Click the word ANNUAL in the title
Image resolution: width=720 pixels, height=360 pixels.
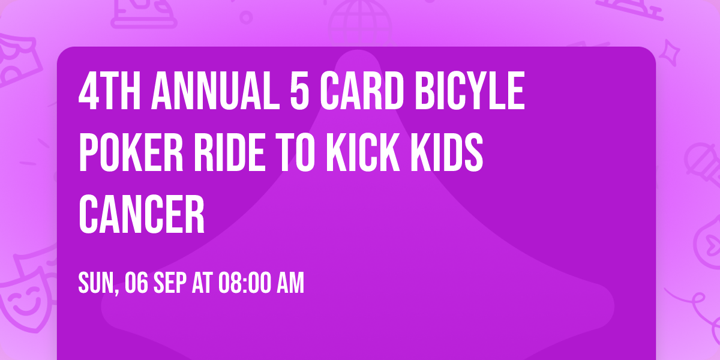pyautogui.click(x=215, y=91)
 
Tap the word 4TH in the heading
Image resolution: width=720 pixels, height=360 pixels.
pyautogui.click(x=109, y=91)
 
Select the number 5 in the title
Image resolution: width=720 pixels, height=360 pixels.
pyautogui.click(x=299, y=91)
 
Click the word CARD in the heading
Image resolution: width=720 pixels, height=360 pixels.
pyautogui.click(x=362, y=91)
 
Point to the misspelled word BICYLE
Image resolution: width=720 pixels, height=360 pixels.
pyautogui.click(x=470, y=91)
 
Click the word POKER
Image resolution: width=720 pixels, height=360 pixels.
pyautogui.click(x=131, y=152)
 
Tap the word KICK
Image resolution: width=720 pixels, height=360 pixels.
pyautogui.click(x=363, y=152)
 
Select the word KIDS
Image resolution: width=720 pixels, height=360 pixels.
pyautogui.click(x=447, y=152)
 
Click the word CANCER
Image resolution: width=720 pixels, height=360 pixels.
pyautogui.click(x=142, y=214)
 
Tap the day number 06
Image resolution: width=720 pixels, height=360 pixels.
pyautogui.click(x=136, y=283)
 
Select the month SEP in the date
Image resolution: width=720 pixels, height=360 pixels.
pyautogui.click(x=170, y=283)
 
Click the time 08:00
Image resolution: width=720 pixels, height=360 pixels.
pyautogui.click(x=244, y=283)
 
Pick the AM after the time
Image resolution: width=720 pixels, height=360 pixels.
pyautogui.click(x=290, y=283)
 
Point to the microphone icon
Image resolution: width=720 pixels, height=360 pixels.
pyautogui.click(x=703, y=167)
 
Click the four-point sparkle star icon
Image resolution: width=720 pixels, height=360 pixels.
pyautogui.click(x=670, y=53)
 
